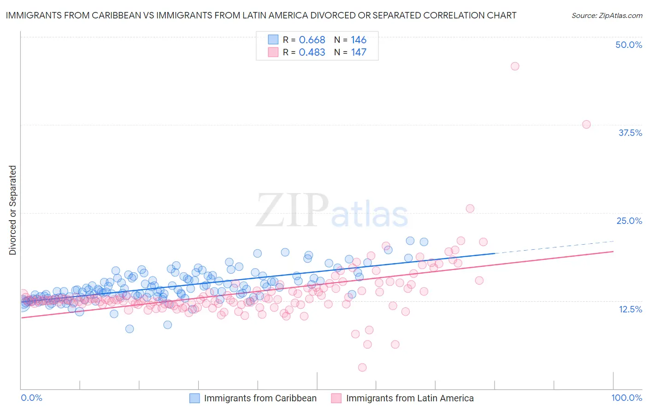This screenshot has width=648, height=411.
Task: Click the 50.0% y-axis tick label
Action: click(629, 45)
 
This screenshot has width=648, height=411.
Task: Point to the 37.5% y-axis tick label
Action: click(630, 133)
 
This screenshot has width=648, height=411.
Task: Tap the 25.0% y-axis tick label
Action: click(629, 221)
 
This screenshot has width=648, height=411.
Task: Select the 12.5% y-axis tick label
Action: click(630, 309)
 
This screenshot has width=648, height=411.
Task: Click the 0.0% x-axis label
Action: click(31, 398)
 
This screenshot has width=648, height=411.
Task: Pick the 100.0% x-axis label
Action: click(626, 398)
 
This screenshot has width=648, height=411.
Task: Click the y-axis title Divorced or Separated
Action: click(12, 210)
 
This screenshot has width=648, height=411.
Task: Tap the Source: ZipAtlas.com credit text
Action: click(607, 16)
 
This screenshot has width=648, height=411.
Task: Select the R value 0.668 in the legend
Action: click(312, 40)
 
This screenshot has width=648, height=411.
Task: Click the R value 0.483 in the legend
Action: click(312, 53)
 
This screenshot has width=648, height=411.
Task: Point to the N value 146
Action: click(359, 40)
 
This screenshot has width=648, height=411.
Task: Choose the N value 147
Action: click(359, 53)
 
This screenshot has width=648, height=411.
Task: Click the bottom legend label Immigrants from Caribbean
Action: click(260, 398)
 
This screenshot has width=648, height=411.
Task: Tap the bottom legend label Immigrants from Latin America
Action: click(410, 398)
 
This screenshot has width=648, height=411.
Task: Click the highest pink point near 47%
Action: click(515, 66)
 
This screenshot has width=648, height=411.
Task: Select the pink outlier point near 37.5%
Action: click(586, 124)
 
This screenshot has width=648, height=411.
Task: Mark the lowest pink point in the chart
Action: click(362, 367)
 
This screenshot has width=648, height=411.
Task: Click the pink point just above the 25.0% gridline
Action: click(470, 208)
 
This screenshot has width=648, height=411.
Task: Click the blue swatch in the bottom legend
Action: click(194, 398)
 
